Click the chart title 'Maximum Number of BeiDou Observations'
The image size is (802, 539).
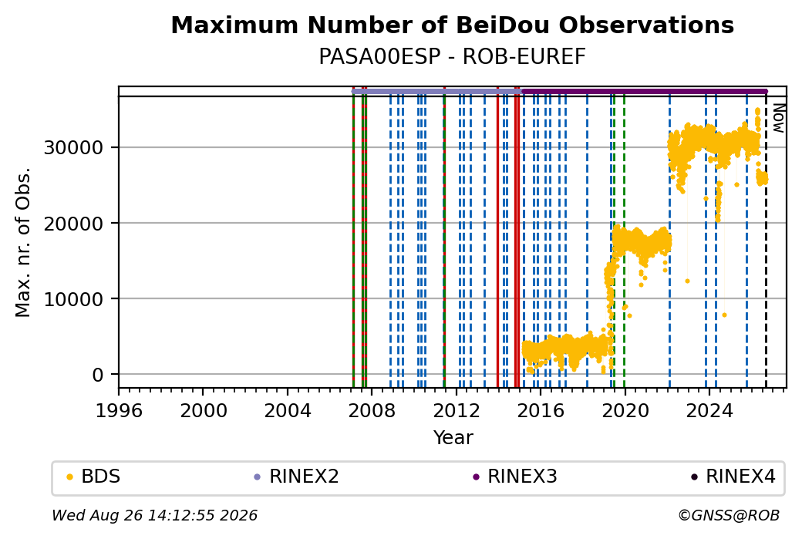pyautogui.click(x=452, y=25)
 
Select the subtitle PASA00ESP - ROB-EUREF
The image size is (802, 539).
pyautogui.click(x=452, y=57)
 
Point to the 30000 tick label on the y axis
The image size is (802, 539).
pyautogui.click(x=74, y=148)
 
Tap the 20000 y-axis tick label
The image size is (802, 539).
pyautogui.click(x=74, y=224)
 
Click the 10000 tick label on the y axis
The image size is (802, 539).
pyautogui.click(x=74, y=299)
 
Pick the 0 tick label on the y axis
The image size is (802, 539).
pyautogui.click(x=98, y=375)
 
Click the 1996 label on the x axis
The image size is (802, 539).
pyautogui.click(x=119, y=411)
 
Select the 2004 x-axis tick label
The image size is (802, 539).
pyautogui.click(x=288, y=411)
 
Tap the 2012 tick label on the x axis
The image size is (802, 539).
pyautogui.click(x=457, y=411)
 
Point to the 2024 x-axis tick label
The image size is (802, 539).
pyautogui.click(x=709, y=411)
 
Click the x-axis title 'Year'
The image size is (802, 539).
pyautogui.click(x=453, y=438)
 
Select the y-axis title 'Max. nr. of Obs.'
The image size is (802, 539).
pyautogui.click(x=23, y=242)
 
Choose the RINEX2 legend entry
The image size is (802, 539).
pyautogui.click(x=297, y=477)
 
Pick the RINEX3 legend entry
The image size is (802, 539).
pyautogui.click(x=515, y=477)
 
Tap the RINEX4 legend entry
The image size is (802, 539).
pyautogui.click(x=733, y=477)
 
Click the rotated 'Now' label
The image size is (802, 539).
pyautogui.click(x=778, y=118)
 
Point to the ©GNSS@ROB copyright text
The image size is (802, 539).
pyautogui.click(x=729, y=515)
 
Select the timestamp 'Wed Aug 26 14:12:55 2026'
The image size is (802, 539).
pyautogui.click(x=155, y=515)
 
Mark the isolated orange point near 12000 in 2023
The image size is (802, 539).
pyautogui.click(x=687, y=281)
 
